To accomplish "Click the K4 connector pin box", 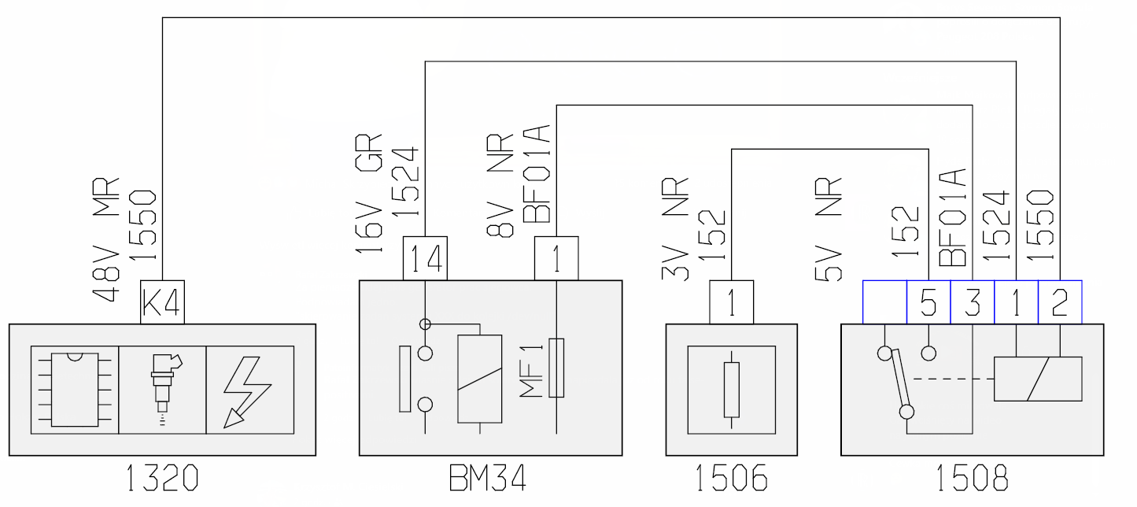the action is (162, 302).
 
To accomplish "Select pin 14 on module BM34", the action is (426, 258).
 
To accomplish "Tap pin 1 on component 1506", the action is (732, 302).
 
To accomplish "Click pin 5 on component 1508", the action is (928, 302).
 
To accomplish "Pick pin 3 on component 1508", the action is (972, 302).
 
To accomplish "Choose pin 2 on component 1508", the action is (1060, 302).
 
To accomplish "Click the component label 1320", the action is (162, 479).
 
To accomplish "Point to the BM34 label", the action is (488, 479).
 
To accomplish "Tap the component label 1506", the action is (732, 479).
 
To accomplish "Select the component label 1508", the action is (972, 479).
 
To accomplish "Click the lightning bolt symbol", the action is (247, 391).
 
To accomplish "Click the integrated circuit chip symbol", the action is (75, 390).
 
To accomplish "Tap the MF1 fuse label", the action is (531, 371).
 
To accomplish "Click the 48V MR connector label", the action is (106, 240).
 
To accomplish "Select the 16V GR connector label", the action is (368, 194).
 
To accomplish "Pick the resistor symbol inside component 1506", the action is (732, 390).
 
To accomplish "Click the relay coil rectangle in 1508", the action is (1038, 379).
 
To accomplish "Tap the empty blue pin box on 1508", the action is (884, 302).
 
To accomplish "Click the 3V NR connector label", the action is (676, 229).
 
